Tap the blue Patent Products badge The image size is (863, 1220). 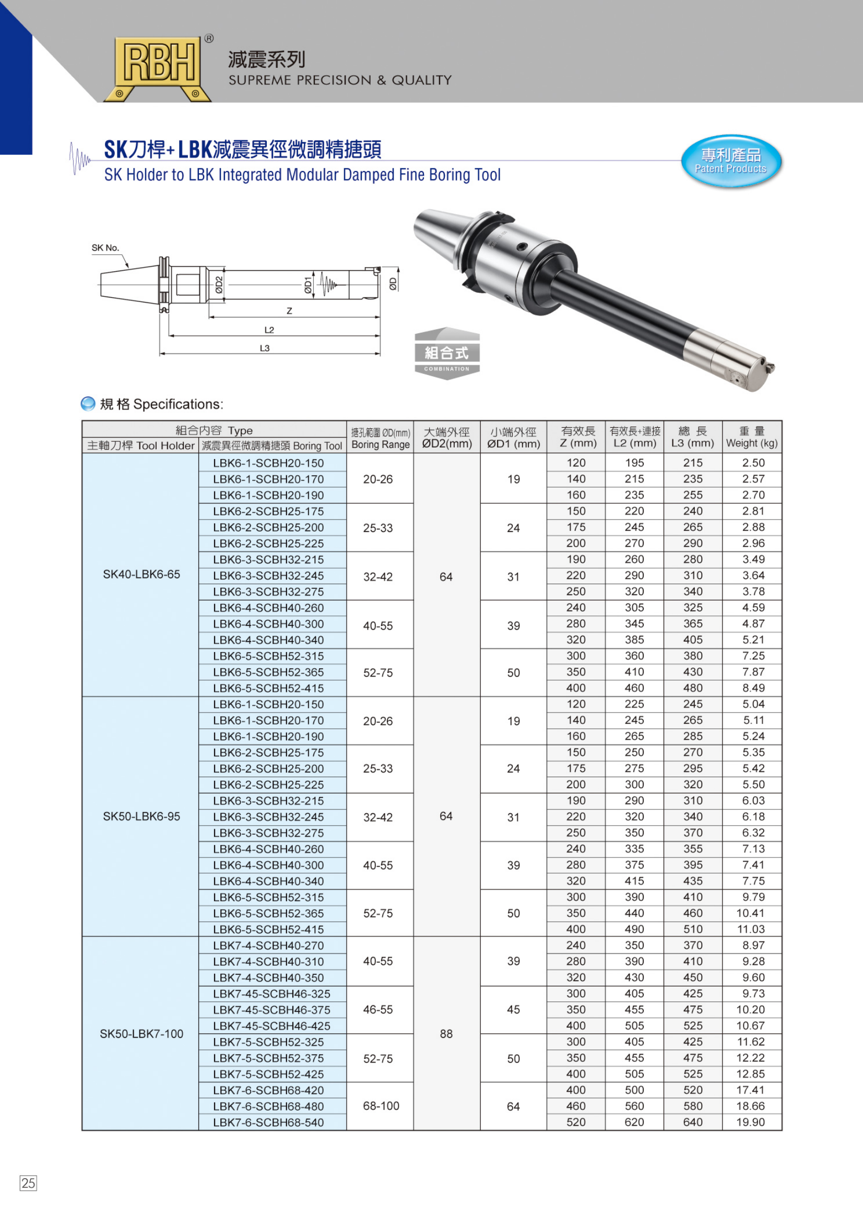coord(730,161)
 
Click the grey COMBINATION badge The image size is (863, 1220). coord(447,354)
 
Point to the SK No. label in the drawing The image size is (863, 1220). coord(105,248)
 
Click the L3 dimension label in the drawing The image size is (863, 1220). coord(264,348)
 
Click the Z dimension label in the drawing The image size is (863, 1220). coord(289,311)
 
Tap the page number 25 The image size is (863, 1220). coord(28,1183)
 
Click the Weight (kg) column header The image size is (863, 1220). coord(751,437)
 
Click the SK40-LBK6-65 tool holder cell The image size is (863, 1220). coord(141,574)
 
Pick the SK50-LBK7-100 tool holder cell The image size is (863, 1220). coord(141,1033)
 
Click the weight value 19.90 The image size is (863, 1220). coord(750,1122)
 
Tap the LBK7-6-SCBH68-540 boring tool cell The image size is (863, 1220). coord(268,1122)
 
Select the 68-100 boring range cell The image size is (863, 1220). coord(381,1106)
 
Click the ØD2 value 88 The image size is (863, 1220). coord(446,1033)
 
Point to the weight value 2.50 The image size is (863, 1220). coord(753,463)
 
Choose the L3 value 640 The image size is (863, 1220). coord(692,1122)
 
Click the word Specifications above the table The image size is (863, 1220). coord(178,404)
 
